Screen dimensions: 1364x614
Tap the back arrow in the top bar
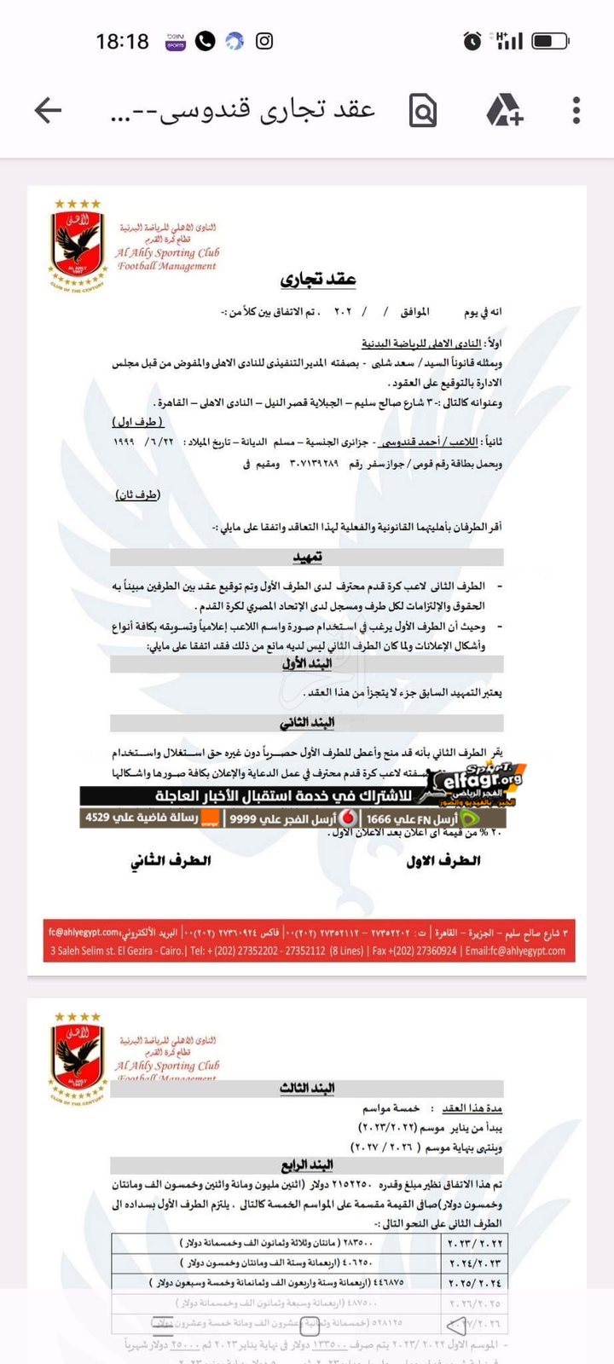(49, 110)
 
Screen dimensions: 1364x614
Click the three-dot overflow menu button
(576, 110)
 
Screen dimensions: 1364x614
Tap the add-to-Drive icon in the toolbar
(504, 110)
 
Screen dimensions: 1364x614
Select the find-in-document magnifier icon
(423, 110)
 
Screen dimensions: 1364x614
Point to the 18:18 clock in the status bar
(122, 41)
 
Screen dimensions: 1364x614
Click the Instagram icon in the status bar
(264, 41)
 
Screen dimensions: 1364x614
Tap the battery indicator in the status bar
(550, 41)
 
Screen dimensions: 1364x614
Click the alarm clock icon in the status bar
(472, 41)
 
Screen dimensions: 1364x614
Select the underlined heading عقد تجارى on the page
(318, 279)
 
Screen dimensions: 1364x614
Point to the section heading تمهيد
(307, 557)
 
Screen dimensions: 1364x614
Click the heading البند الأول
(307, 663)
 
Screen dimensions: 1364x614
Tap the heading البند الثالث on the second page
(307, 1088)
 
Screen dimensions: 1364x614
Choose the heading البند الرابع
(307, 1165)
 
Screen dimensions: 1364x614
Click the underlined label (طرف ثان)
(137, 494)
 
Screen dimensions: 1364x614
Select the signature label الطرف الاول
(443, 861)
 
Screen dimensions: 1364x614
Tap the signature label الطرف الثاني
(171, 861)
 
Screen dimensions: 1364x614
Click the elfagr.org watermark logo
(482, 780)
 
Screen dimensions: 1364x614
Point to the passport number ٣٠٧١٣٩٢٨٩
(314, 464)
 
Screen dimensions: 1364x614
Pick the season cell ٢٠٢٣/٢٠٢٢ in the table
(475, 1243)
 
